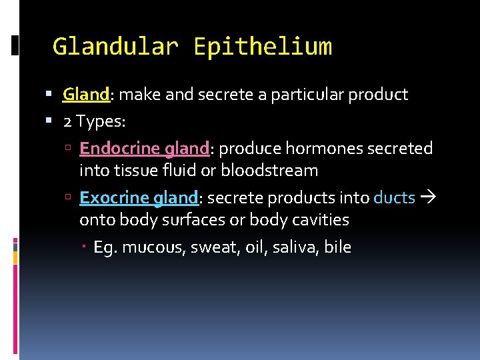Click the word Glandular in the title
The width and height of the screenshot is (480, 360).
tap(115, 47)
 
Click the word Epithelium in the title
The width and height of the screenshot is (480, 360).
tap(263, 47)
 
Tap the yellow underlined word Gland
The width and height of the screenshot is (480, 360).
tap(86, 95)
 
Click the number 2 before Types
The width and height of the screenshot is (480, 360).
tap(67, 121)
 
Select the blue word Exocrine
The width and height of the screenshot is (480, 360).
tap(113, 198)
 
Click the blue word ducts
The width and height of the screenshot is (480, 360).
tap(395, 198)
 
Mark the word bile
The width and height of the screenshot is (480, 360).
tap(339, 248)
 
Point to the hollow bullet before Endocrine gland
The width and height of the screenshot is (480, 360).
tap(69, 149)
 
